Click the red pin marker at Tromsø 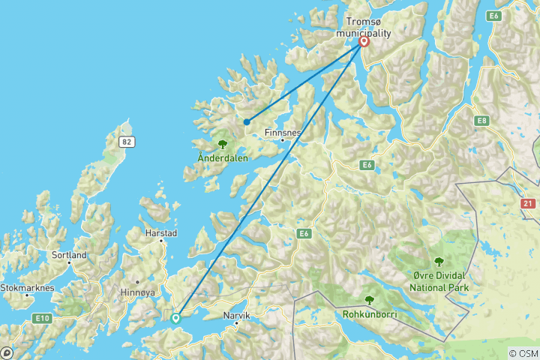tap(364, 41)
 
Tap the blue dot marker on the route tap(246, 121)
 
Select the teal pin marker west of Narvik tap(175, 317)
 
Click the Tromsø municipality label tap(364, 28)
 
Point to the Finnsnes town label tap(283, 133)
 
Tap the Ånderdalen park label tap(222, 157)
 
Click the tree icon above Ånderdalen tap(222, 144)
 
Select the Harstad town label tap(162, 233)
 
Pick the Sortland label tap(70, 255)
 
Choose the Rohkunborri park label tap(370, 313)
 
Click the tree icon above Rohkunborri tap(368, 300)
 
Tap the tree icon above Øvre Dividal tap(439, 262)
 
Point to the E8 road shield tap(481, 120)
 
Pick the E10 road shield tap(42, 319)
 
